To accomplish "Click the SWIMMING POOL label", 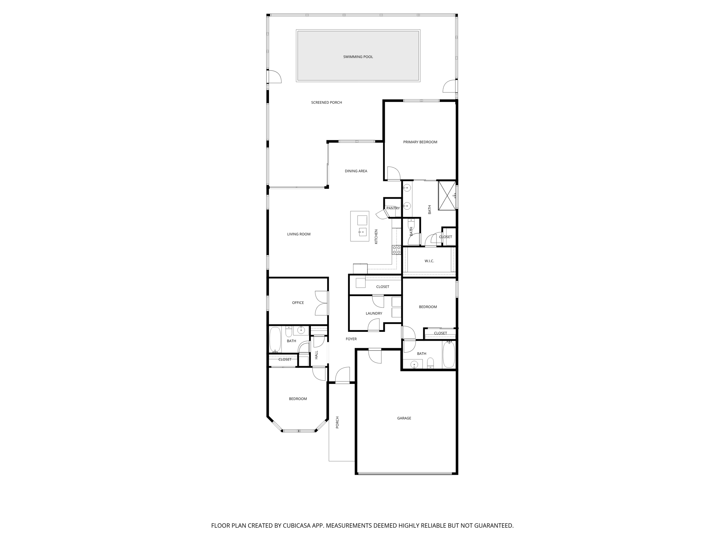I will tap(358, 57).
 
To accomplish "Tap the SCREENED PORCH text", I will tap(326, 103).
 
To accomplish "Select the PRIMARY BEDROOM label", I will tap(420, 142).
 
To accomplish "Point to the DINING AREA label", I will tap(356, 171).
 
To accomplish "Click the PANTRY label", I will tap(393, 208).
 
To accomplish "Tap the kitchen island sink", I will tap(362, 232).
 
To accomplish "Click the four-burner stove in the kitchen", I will tap(396, 250).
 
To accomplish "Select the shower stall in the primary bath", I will tap(447, 195).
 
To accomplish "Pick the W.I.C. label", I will tap(429, 261).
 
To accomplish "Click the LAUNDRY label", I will tap(374, 313).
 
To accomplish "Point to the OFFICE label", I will tap(298, 303).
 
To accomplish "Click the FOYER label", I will tap(351, 339).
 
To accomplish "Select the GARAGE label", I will tap(404, 418).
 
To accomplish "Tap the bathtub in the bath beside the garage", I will tap(449, 355).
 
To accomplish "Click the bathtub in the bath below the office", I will tap(275, 340).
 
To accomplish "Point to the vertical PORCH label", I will tap(337, 422).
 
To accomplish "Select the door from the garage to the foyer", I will tap(375, 356).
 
